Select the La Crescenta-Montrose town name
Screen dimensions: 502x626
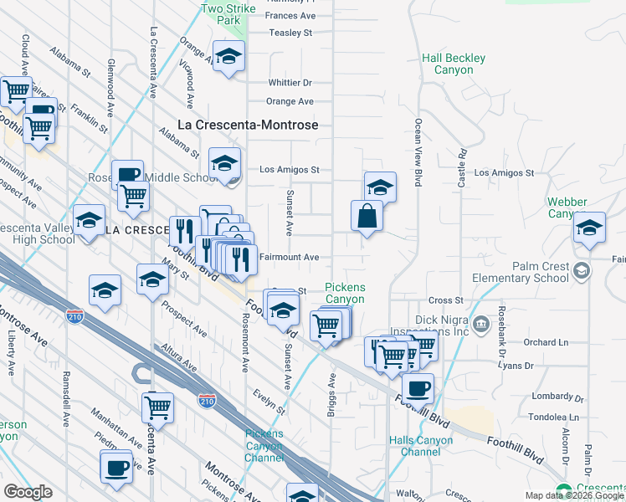pos(249,125)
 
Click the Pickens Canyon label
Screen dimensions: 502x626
pos(345,293)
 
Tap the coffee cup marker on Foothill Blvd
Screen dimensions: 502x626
pos(418,389)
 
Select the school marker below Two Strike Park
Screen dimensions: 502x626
pos(228,57)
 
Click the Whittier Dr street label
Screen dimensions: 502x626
pos(290,83)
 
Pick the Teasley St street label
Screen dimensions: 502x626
pos(290,33)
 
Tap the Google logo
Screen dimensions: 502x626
pos(28,492)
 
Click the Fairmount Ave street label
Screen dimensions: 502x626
pos(289,258)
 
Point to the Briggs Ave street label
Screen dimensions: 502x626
pos(332,392)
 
